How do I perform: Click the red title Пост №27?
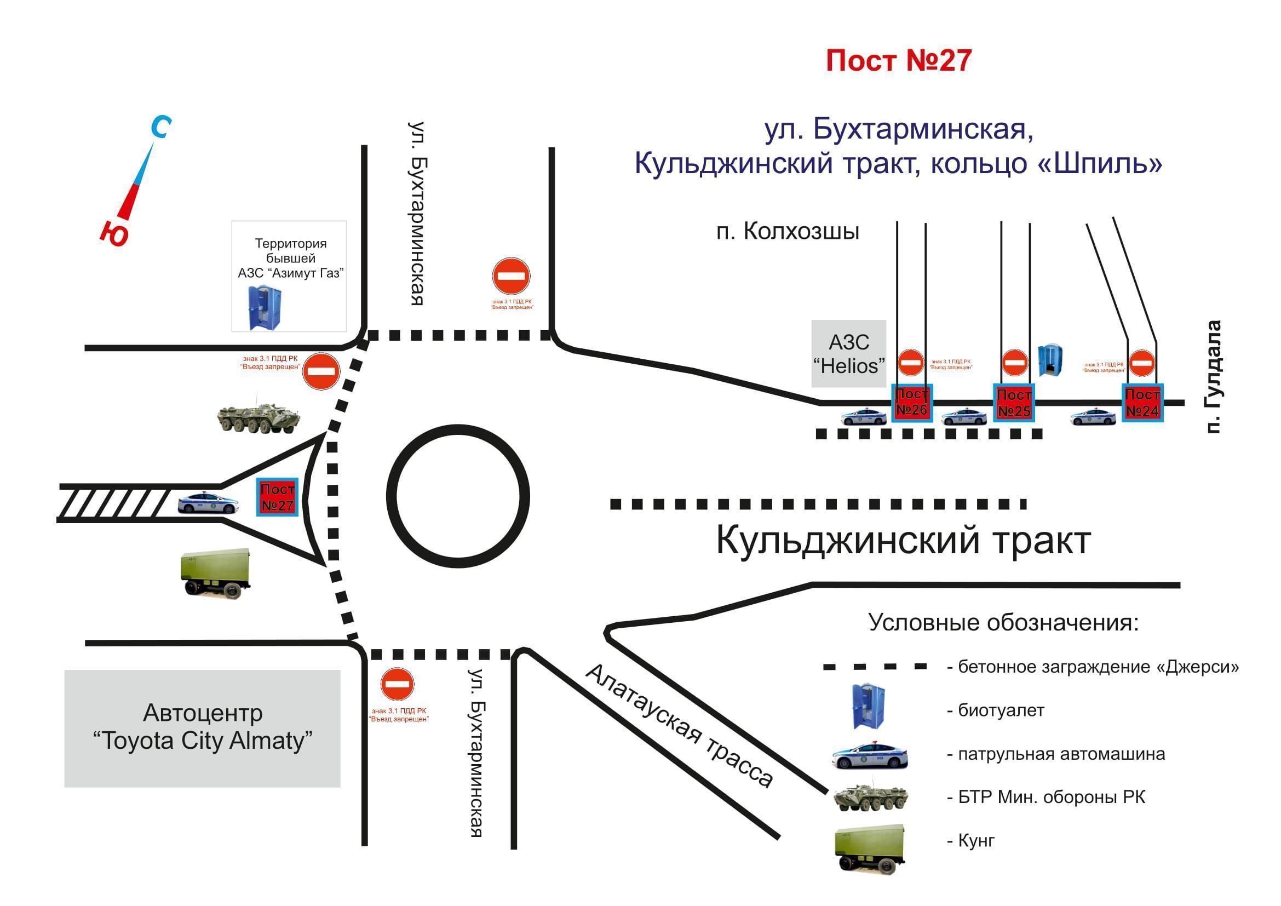point(898,60)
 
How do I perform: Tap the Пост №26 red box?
point(912,402)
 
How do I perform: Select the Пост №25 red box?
point(1014,402)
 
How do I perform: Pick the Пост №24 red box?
point(1142,402)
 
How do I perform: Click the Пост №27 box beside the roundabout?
point(277,497)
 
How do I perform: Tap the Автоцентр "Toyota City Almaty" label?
point(202,727)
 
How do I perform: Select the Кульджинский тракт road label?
point(903,541)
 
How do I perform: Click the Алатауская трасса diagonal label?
point(680,726)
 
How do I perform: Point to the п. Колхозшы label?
point(787,231)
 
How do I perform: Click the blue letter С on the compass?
point(161,127)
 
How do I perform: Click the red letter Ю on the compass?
point(115,233)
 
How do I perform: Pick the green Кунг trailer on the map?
point(215,572)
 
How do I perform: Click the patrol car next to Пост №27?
point(207,503)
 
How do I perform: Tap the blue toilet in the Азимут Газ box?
point(265,307)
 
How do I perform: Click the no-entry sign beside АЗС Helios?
point(911,362)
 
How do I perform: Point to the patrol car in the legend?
point(869,756)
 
